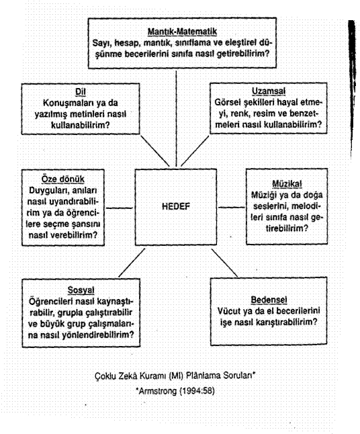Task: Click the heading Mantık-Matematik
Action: [182, 32]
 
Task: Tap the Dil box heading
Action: [81, 92]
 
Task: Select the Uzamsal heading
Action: [269, 91]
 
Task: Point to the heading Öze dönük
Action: [63, 179]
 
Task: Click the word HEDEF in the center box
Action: [176, 206]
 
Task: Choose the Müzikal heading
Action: [287, 183]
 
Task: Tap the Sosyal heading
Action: [81, 290]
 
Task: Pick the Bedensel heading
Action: [269, 300]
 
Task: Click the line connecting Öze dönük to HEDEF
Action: [120, 208]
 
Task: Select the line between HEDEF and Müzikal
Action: [232, 207]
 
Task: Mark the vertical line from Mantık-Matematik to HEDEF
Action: [176, 118]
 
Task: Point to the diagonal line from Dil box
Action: [155, 151]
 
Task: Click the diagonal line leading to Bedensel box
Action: [224, 263]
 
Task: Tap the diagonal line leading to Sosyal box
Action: [132, 263]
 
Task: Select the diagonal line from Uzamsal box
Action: [195, 151]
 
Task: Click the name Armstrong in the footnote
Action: [157, 391]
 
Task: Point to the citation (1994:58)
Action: [197, 391]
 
